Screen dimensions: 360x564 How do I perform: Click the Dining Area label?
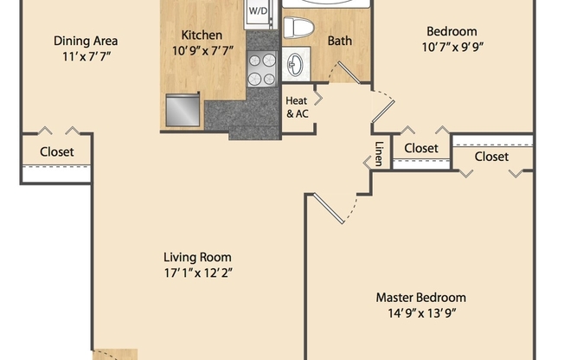[x=86, y=41]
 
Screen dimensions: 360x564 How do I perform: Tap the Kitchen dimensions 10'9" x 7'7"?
[x=202, y=51]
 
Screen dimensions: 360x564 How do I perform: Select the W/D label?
[x=258, y=11]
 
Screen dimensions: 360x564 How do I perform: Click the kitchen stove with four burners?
[x=260, y=69]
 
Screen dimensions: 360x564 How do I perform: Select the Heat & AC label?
[x=297, y=106]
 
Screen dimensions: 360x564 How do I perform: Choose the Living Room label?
[x=197, y=257]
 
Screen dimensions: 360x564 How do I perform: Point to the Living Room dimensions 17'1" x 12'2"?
[x=197, y=273]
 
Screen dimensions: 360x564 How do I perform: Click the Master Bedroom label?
[x=420, y=297]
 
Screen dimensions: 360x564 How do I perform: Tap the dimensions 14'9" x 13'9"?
[x=420, y=313]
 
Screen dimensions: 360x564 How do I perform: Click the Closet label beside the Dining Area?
[x=57, y=152]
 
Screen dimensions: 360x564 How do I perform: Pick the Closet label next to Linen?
[x=421, y=148]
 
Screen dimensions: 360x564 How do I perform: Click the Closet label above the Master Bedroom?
[x=491, y=157]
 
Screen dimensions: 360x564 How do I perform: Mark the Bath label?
[x=338, y=41]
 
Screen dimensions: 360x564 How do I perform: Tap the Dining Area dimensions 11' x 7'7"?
[x=86, y=56]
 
